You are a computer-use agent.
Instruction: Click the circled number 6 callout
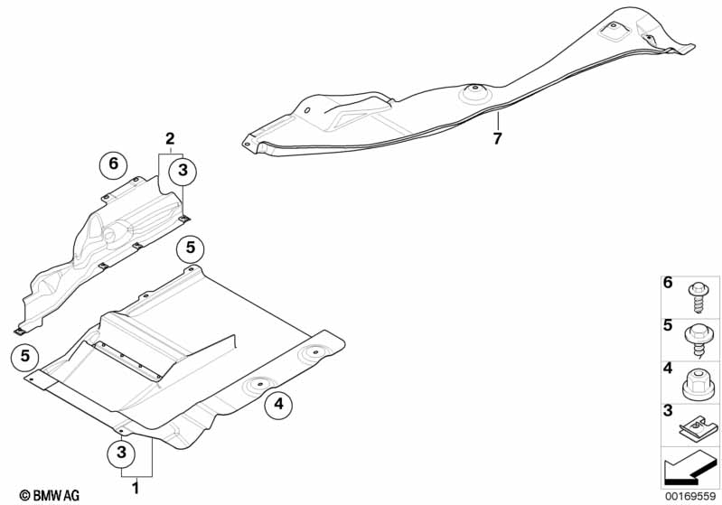click(113, 164)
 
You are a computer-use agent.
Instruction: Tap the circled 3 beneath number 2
click(182, 170)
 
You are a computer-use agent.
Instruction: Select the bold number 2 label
click(169, 138)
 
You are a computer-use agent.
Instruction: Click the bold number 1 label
click(136, 489)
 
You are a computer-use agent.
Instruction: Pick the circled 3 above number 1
click(121, 451)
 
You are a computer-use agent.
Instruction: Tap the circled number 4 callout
click(278, 407)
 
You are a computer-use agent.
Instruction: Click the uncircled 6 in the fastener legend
click(669, 284)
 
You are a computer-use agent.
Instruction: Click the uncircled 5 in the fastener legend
click(669, 325)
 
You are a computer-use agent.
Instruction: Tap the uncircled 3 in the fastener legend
click(669, 411)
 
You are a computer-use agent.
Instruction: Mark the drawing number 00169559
click(689, 496)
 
